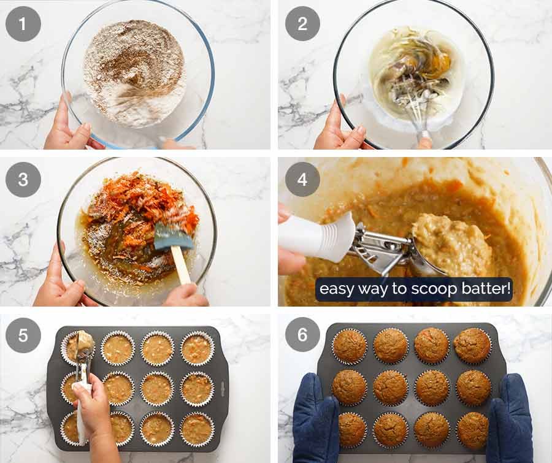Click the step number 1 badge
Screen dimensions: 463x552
[x=23, y=23]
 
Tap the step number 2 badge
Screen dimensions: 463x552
[x=302, y=23]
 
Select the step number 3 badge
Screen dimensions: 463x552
[x=23, y=179]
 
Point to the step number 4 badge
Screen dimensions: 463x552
[x=302, y=179]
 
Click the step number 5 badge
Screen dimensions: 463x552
[x=23, y=335]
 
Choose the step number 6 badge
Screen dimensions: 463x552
[x=302, y=334]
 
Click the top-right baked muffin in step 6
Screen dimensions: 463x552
[x=472, y=345]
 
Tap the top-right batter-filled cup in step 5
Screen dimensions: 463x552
[x=197, y=349]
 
